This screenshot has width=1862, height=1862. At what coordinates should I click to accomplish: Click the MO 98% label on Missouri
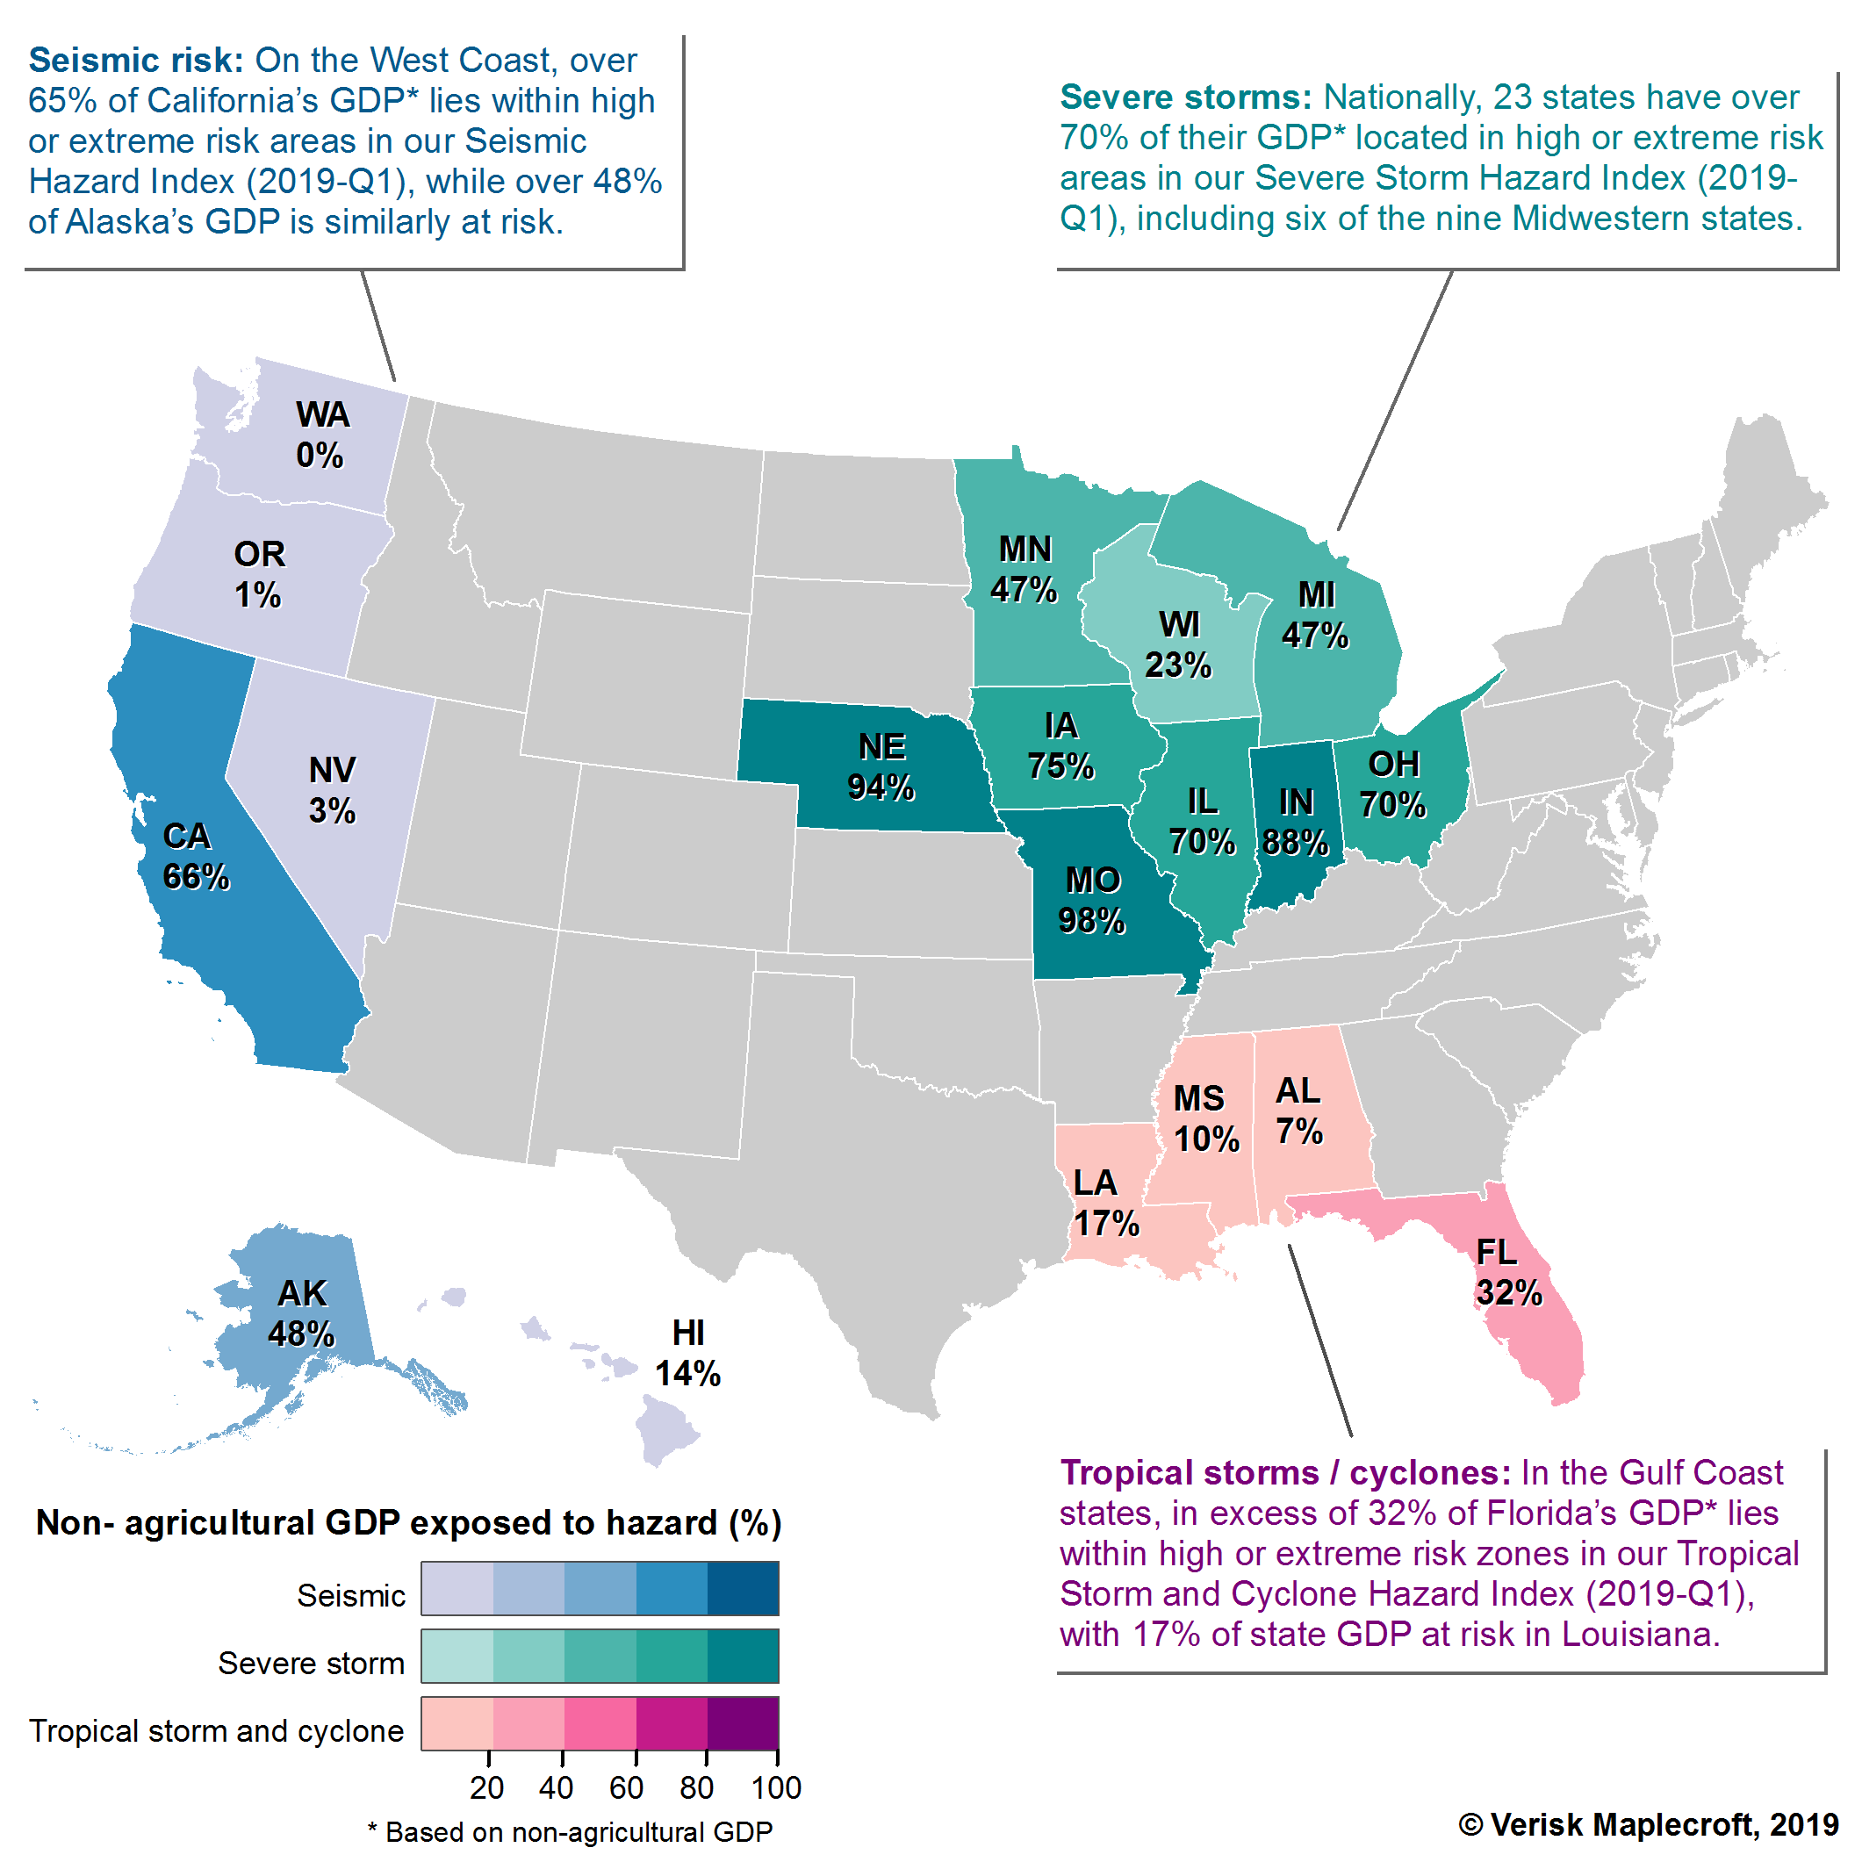pyautogui.click(x=1092, y=900)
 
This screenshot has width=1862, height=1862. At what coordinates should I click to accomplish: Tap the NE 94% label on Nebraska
pyautogui.click(x=881, y=767)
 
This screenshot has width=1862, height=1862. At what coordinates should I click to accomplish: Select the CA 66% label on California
pyautogui.click(x=195, y=856)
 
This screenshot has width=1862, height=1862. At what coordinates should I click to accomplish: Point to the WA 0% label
pyautogui.click(x=321, y=435)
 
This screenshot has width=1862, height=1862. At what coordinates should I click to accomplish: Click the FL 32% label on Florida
pyautogui.click(x=1507, y=1272)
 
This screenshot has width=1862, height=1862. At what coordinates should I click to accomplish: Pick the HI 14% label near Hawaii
pyautogui.click(x=687, y=1353)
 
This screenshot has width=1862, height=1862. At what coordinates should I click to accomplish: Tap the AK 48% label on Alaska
pyautogui.click(x=302, y=1312)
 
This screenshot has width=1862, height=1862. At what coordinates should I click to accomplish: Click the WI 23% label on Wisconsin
pyautogui.click(x=1178, y=644)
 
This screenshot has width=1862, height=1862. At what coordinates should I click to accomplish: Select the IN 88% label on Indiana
pyautogui.click(x=1295, y=822)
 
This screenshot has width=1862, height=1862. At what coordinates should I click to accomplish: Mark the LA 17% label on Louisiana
pyautogui.click(x=1104, y=1203)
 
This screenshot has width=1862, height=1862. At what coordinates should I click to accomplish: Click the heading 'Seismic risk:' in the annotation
pyautogui.click(x=136, y=61)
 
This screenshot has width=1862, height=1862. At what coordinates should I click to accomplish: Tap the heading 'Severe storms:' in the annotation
pyautogui.click(x=1185, y=97)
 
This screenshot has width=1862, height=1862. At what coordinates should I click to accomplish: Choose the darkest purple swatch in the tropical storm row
pyautogui.click(x=743, y=1723)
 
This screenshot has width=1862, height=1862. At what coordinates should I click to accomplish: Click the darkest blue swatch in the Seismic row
pyautogui.click(x=743, y=1588)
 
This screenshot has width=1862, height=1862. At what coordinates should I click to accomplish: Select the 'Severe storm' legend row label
pyautogui.click(x=311, y=1664)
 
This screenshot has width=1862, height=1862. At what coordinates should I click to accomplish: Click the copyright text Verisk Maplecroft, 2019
pyautogui.click(x=1648, y=1824)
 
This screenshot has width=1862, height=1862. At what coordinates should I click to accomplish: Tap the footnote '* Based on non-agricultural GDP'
pyautogui.click(x=570, y=1832)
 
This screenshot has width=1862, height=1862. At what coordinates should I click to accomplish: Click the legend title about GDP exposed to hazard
pyautogui.click(x=407, y=1523)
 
